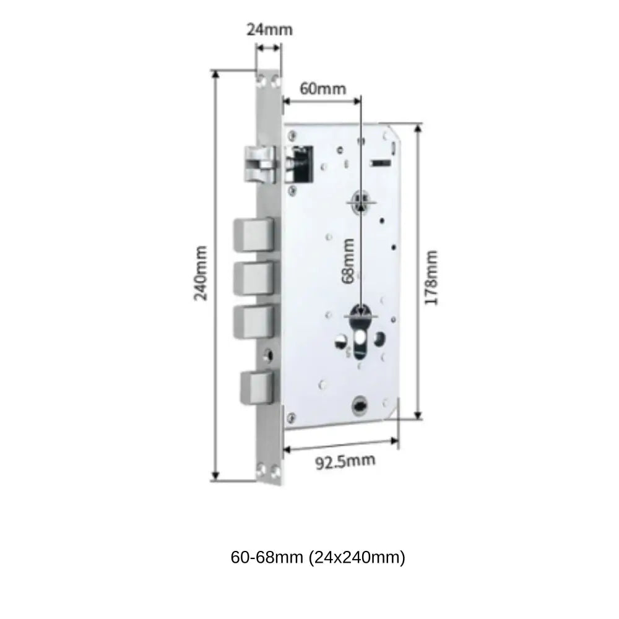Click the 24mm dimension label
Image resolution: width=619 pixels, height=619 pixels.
tap(269, 30)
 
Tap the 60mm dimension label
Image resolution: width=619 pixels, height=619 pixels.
tap(322, 88)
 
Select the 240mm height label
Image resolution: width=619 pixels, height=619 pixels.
tap(201, 273)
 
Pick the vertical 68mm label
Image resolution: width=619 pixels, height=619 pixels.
tap(349, 260)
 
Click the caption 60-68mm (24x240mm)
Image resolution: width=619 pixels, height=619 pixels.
tap(318, 558)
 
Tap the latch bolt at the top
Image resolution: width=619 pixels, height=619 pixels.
tap(260, 165)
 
